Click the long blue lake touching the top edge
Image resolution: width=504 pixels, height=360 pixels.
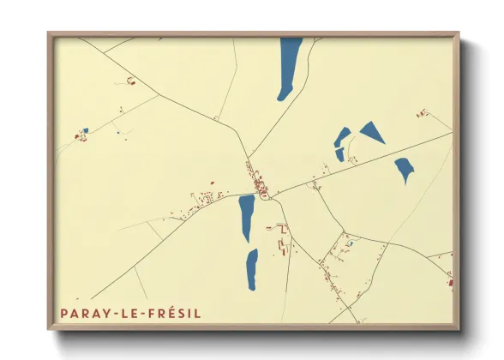[x=290, y=67]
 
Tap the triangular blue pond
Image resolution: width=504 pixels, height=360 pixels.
[x=373, y=131]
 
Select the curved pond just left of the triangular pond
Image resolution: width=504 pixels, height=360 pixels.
[x=341, y=142]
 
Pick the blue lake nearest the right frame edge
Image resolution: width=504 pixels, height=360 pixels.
[x=404, y=169]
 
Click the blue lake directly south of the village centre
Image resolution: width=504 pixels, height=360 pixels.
[x=246, y=218]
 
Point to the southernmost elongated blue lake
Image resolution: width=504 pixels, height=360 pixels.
[x=251, y=269]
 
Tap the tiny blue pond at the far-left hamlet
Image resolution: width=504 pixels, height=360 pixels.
[x=85, y=131]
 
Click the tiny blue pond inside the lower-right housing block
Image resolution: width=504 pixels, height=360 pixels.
[x=350, y=243]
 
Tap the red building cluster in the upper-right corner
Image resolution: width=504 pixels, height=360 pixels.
[x=422, y=112]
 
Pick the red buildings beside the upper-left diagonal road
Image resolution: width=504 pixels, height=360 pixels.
[x=131, y=81]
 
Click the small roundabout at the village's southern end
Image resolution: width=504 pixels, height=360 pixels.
[x=265, y=196]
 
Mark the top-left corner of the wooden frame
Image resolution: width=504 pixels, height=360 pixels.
[x=49, y=33]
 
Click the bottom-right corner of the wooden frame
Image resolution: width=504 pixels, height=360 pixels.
[x=459, y=328]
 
